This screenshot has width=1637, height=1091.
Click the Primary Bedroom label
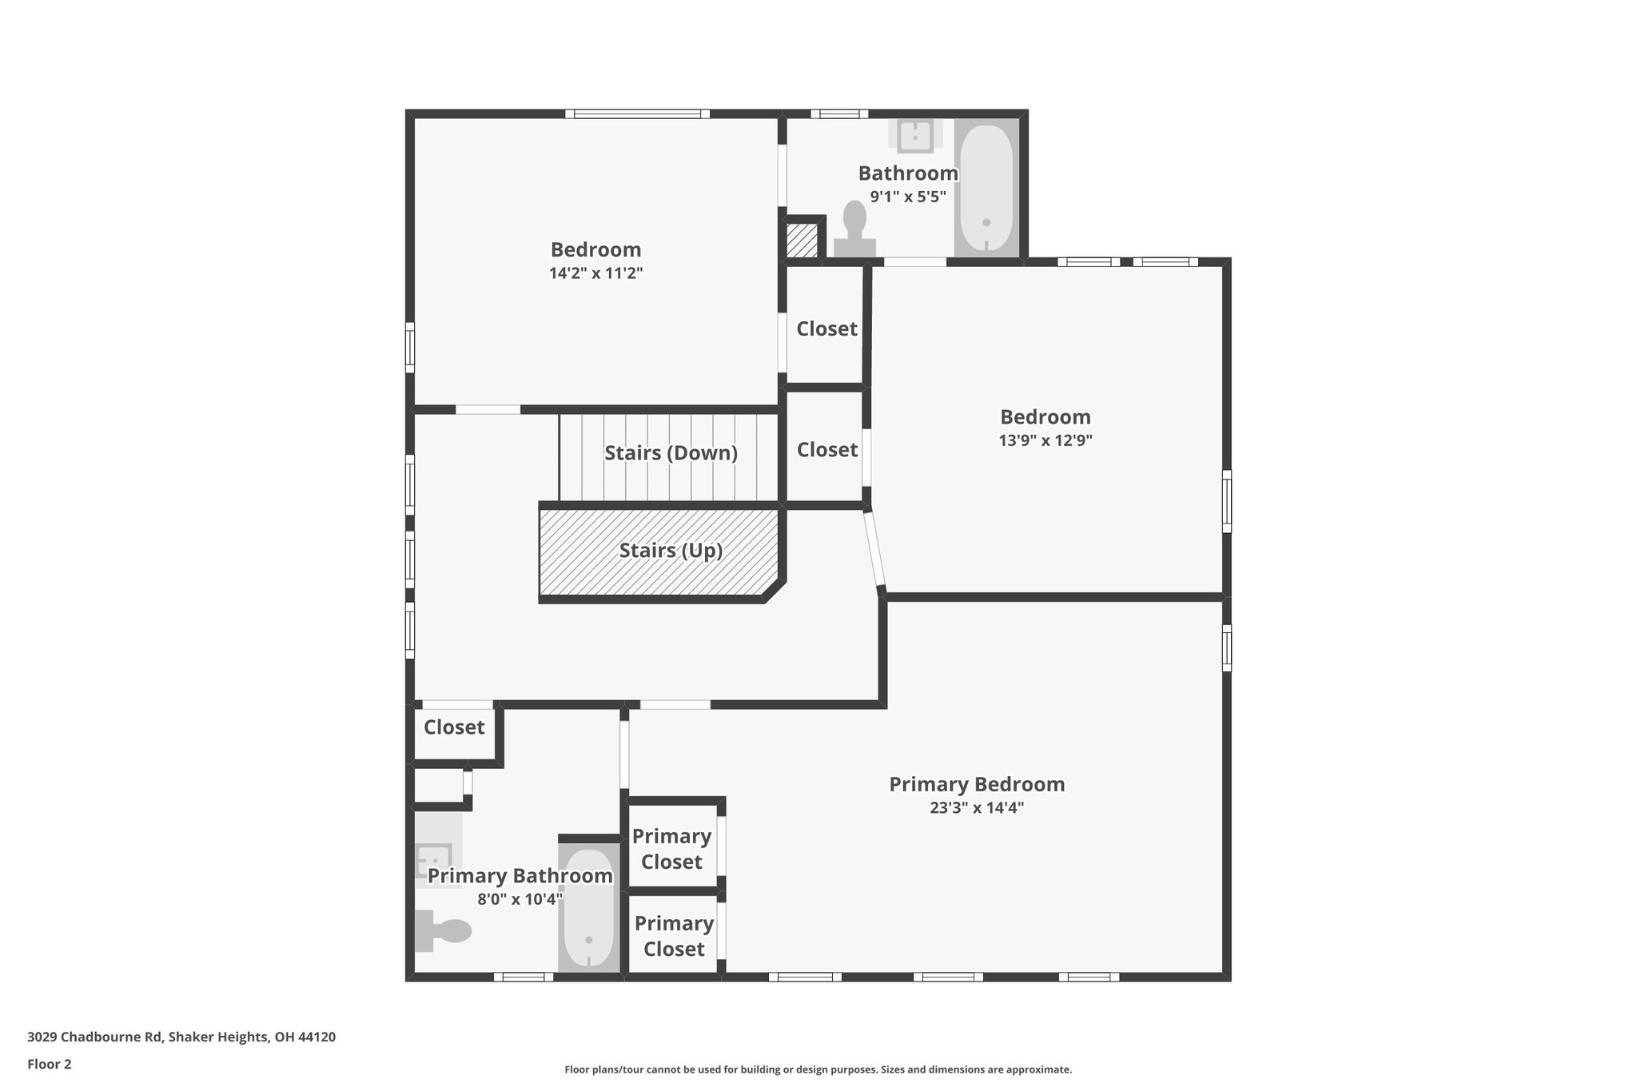tap(977, 784)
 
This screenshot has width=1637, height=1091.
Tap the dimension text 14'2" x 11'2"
tap(595, 273)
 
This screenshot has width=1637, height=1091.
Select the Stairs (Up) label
tap(671, 551)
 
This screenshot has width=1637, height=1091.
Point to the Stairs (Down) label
tap(671, 453)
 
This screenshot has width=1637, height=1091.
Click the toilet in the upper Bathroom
tap(854, 228)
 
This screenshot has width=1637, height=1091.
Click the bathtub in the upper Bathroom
tap(986, 189)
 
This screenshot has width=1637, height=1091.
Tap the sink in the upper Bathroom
tap(915, 136)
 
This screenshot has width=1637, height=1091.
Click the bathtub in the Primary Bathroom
tap(589, 918)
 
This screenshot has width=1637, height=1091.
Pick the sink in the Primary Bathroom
tap(434, 861)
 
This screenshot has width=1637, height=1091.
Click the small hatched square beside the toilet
tap(802, 240)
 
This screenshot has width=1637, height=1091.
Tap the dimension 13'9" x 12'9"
tap(1045, 440)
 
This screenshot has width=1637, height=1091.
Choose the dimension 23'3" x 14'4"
tap(977, 808)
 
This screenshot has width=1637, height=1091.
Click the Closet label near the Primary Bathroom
tap(454, 727)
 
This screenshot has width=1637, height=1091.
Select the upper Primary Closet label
tap(671, 849)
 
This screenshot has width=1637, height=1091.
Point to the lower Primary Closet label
tap(674, 936)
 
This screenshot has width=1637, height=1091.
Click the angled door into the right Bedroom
tap(874, 550)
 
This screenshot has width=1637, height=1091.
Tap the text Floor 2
tap(50, 1064)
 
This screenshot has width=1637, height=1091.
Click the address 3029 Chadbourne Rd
tap(181, 1037)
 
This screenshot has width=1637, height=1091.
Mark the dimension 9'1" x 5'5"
tap(908, 197)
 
